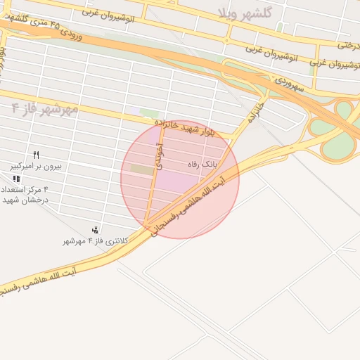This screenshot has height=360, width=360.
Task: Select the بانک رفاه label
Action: [202, 164]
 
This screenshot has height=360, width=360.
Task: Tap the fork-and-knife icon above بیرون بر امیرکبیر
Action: [36, 155]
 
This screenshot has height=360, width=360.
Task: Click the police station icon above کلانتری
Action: [95, 230]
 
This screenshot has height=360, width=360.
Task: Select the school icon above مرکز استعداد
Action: [16, 179]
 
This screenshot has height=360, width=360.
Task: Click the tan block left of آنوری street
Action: [141, 169]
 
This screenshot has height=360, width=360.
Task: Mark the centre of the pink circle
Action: [180, 179]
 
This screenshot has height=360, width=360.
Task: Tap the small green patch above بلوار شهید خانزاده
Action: [148, 112]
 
